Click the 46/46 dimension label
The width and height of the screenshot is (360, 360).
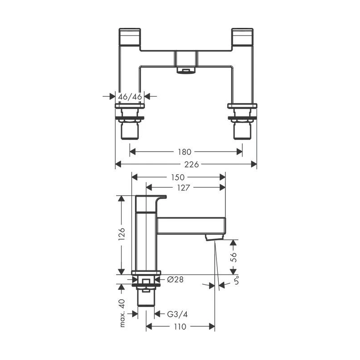coord(130,97)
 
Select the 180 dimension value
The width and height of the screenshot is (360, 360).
coord(184,152)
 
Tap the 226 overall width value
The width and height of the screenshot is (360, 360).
coord(192,164)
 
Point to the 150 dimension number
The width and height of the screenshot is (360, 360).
coord(178,177)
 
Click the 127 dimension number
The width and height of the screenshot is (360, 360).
coord(184,188)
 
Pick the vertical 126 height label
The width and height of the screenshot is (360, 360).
coord(121,234)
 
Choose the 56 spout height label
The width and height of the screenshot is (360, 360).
coord(233,257)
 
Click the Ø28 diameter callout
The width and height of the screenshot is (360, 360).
coord(175,279)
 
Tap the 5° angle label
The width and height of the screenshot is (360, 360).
coord(236,280)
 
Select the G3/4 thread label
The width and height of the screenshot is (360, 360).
coord(177,314)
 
